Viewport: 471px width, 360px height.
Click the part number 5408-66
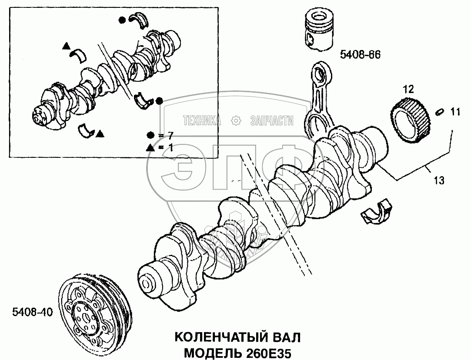(360, 55)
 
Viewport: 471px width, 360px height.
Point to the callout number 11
(454, 113)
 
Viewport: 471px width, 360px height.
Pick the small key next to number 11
(439, 112)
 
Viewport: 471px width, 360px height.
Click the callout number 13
(439, 180)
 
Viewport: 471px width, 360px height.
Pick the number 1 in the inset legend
(170, 147)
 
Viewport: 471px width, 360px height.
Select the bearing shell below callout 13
(376, 213)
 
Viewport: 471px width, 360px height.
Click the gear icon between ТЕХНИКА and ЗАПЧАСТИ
(236, 120)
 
